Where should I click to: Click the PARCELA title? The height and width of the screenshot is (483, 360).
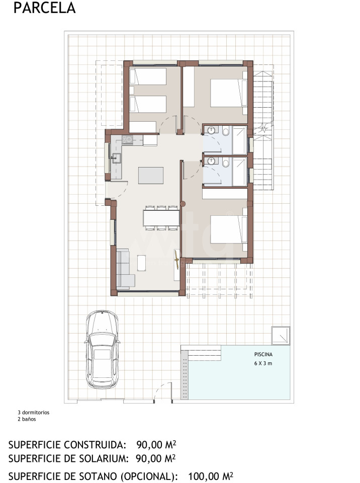tap(45, 8)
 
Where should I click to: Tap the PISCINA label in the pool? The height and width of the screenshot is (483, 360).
tap(263, 355)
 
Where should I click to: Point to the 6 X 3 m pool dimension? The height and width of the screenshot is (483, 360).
tap(263, 363)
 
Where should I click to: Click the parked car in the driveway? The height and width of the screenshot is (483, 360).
tap(102, 349)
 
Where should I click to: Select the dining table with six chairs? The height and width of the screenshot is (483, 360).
tap(161, 218)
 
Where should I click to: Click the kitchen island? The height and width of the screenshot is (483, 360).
tap(151, 175)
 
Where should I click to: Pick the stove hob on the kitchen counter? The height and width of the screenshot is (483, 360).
tap(127, 140)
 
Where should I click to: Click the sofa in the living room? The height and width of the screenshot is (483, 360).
tap(124, 269)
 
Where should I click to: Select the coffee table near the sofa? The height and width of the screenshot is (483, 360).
tap(142, 263)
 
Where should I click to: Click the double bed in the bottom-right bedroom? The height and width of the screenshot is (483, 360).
tap(229, 229)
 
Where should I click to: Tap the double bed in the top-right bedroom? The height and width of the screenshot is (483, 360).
tap(229, 94)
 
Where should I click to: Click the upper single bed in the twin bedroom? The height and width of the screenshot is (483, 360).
tap(148, 76)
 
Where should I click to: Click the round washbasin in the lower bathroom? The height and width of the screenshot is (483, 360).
tap(211, 161)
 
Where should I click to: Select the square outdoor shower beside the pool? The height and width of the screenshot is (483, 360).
tap(281, 335)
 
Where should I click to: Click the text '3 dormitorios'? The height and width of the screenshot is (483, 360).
tap(34, 413)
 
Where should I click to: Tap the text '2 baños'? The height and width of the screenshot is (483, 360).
tap(27, 419)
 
